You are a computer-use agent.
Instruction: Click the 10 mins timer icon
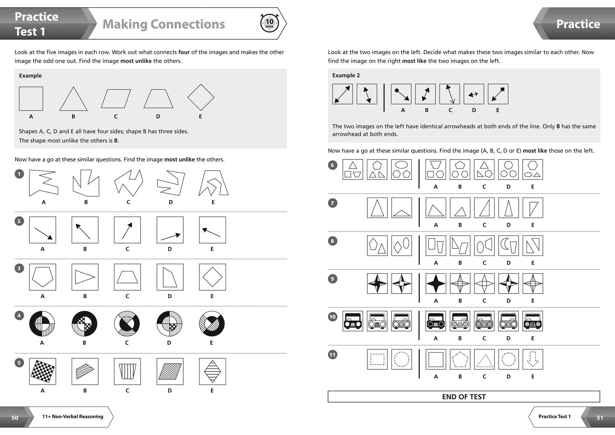269,23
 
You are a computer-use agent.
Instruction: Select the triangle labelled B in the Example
73,99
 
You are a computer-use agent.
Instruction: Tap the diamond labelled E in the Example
200,98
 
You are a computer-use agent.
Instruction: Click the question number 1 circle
19,174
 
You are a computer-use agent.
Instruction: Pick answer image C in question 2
127,230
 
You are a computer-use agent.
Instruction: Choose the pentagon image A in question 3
43,277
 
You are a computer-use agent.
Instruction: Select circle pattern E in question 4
212,323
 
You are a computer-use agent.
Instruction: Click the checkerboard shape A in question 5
43,371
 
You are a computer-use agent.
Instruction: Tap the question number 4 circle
19,315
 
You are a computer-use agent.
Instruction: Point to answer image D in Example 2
474,94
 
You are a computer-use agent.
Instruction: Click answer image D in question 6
508,169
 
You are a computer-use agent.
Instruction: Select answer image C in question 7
484,207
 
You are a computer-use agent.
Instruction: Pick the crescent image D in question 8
508,246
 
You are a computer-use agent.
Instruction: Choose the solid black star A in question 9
436,283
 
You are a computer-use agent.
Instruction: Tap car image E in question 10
533,321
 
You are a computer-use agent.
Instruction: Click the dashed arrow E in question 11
533,359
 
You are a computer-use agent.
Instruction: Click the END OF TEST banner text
464,396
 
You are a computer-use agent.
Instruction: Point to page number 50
15,417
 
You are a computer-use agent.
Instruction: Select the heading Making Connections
164,24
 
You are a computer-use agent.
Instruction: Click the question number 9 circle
333,279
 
